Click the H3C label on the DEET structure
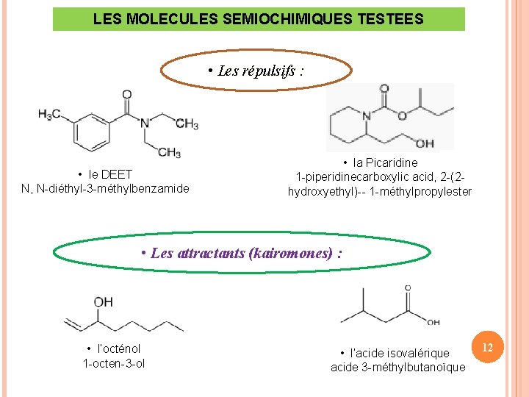(49, 115)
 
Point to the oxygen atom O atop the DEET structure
(126, 95)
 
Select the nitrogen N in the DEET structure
(145, 123)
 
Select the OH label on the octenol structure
(103, 301)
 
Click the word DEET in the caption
(117, 174)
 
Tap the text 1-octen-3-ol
(114, 363)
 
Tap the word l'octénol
(119, 348)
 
